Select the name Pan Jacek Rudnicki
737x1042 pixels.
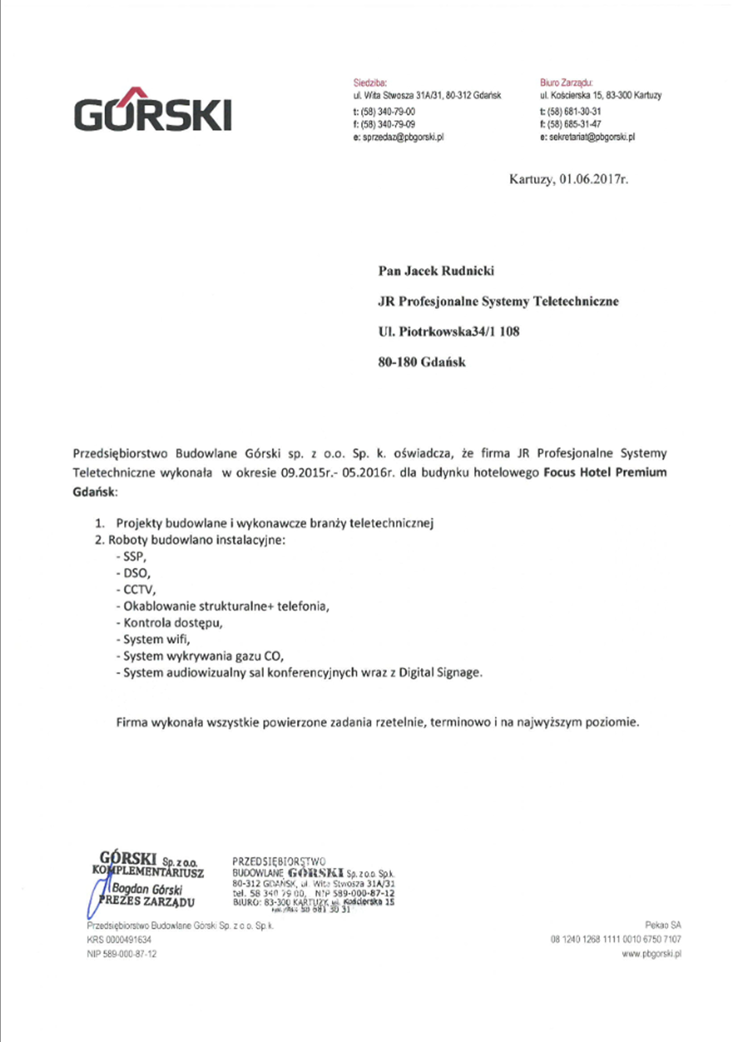[436, 271]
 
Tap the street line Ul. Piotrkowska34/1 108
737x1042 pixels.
[449, 332]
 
